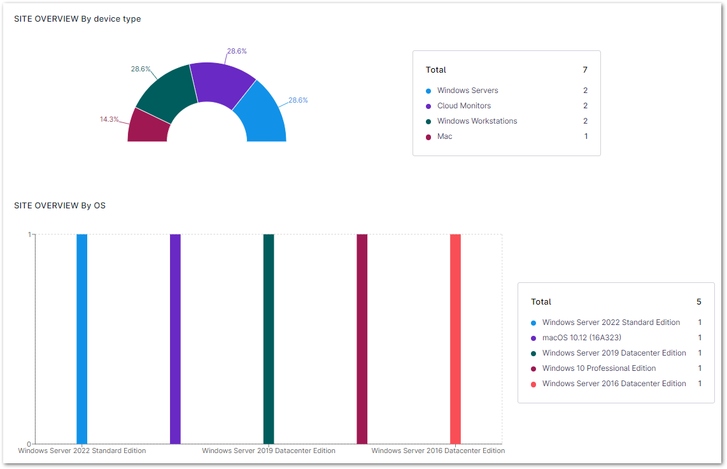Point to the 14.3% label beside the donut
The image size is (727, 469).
[x=109, y=119]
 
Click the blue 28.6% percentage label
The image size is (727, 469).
[x=298, y=100]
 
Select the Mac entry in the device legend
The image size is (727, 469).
[x=444, y=136]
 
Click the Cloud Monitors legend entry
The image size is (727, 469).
[x=463, y=106]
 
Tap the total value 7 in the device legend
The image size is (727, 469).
[x=585, y=69]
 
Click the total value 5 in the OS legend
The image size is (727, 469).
[x=699, y=301]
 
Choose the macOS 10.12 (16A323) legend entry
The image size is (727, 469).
[x=581, y=338]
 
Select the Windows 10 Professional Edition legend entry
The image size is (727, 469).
[x=598, y=368]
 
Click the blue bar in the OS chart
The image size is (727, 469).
[x=82, y=338]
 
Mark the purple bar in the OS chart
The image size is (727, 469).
[x=175, y=338]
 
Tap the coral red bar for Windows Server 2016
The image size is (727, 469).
[x=455, y=338]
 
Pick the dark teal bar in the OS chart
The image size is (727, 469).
[x=269, y=338]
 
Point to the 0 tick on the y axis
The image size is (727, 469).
[x=29, y=444]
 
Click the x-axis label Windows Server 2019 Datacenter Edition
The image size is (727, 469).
[x=269, y=451]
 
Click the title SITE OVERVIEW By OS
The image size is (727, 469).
[x=60, y=205]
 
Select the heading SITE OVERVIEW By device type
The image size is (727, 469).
[x=78, y=19]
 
